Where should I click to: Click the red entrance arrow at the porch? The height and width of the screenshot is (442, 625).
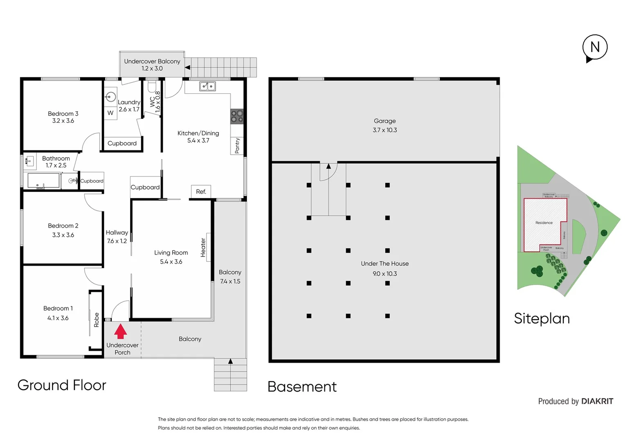point(120,331)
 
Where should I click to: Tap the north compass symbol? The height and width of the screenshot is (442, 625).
point(595,48)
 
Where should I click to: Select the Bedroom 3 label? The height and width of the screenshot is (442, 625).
point(63,114)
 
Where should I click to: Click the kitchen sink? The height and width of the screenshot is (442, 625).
point(207,86)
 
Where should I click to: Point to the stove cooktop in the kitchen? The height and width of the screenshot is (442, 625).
point(237,116)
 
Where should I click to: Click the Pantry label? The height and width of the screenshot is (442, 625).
point(237,146)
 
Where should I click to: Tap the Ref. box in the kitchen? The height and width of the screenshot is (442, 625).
point(201,192)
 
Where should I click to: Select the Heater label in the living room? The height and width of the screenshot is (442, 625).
point(203,248)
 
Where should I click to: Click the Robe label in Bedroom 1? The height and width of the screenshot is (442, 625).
point(97,320)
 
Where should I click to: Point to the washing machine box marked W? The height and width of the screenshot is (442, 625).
point(110,113)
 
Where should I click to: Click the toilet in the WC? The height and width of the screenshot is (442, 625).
point(152,86)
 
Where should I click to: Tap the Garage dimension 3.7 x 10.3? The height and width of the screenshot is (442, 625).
point(384,130)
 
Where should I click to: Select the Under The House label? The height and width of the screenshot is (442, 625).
point(384,264)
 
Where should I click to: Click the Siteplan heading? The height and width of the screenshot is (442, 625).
point(542,318)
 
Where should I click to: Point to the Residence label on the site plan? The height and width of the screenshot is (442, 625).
point(544,223)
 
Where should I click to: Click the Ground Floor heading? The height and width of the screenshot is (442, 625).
point(62,385)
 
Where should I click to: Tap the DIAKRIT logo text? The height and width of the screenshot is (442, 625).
point(597,401)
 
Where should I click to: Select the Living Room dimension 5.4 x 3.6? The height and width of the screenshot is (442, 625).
point(171,262)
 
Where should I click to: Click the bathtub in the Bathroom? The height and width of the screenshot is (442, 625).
point(43,180)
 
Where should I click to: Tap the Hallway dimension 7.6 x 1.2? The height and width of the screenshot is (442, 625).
point(117,241)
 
